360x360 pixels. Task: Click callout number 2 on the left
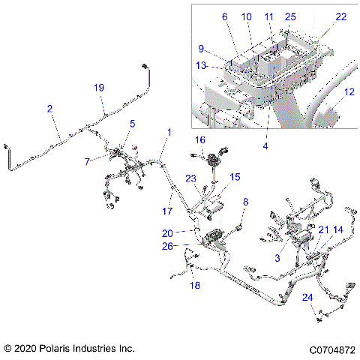pyautogui.click(x=49, y=109)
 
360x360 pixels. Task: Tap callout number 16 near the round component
pyautogui.click(x=200, y=140)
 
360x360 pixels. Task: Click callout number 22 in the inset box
pyautogui.click(x=341, y=16)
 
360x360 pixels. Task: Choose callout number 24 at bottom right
pyautogui.click(x=307, y=297)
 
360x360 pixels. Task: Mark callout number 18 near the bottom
pyautogui.click(x=194, y=286)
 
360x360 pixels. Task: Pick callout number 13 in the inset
pyautogui.click(x=199, y=64)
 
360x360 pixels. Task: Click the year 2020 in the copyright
pyautogui.click(x=27, y=349)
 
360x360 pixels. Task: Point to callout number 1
pyautogui.click(x=169, y=132)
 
